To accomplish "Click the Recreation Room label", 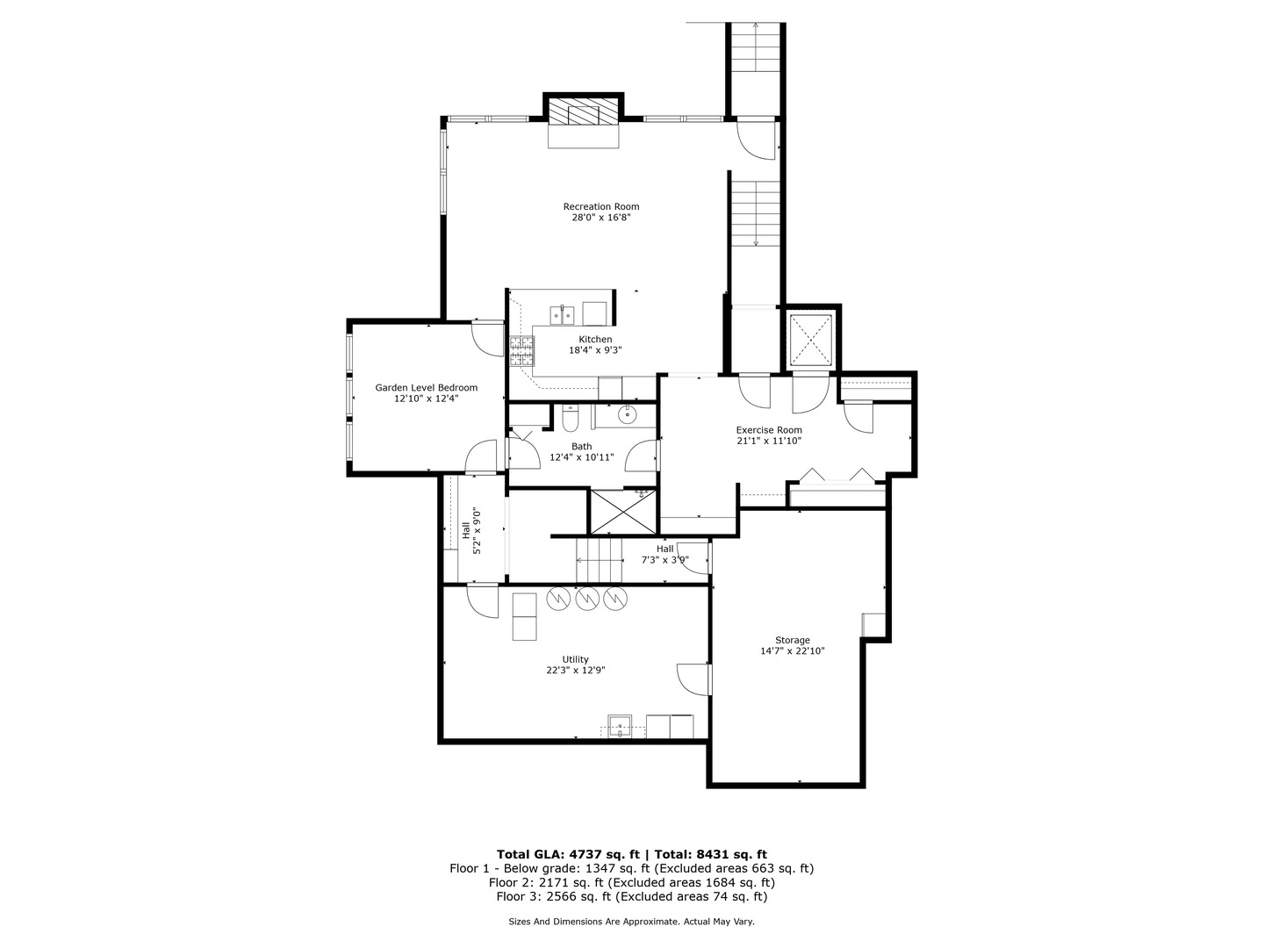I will pos(600,207).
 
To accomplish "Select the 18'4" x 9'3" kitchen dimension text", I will pos(595,350).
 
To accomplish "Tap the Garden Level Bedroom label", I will pos(426,388).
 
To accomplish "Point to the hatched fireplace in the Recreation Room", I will pos(584,113).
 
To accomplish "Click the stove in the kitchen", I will pos(521,351).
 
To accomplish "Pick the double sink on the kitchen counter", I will pos(562,313).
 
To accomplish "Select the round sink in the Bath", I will pos(628,414).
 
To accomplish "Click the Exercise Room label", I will pos(768,430).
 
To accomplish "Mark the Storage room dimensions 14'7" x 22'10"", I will pos(792,651).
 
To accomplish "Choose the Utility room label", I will pos(575,659).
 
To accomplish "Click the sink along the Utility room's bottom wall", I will pos(621,726).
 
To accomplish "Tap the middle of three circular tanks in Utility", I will pos(587,599).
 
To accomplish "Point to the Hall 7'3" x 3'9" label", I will pos(664,554).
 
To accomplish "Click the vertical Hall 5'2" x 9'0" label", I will pos(470,531).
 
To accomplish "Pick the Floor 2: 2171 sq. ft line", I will pos(631,882).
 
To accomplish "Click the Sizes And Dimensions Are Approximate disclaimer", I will pos(631,922).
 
